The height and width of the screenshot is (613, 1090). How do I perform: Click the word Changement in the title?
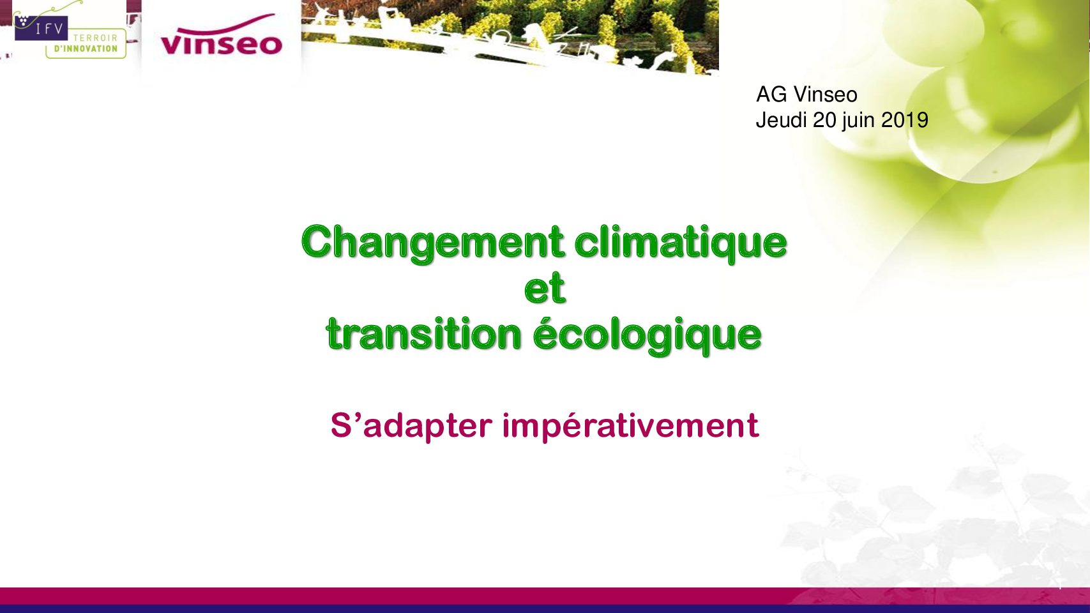pyautogui.click(x=432, y=244)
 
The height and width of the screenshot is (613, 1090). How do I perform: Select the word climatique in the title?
pyautogui.click(x=680, y=244)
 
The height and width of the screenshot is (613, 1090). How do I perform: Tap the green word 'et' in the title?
pyautogui.click(x=545, y=287)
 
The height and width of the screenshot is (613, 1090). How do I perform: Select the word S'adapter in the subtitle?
pyautogui.click(x=411, y=426)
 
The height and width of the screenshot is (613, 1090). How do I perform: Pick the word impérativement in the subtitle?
pyautogui.click(x=630, y=426)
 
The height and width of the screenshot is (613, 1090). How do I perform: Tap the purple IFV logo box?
pyautogui.click(x=41, y=28)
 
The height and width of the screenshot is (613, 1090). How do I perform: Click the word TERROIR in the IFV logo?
pyautogui.click(x=95, y=38)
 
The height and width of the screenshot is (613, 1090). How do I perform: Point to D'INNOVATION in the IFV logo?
pyautogui.click(x=86, y=49)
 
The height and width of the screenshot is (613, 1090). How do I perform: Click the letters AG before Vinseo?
pyautogui.click(x=771, y=95)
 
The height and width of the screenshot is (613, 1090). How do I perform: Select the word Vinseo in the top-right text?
pyautogui.click(x=825, y=95)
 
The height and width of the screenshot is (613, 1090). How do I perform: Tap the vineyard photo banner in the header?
pyautogui.click(x=510, y=36)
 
